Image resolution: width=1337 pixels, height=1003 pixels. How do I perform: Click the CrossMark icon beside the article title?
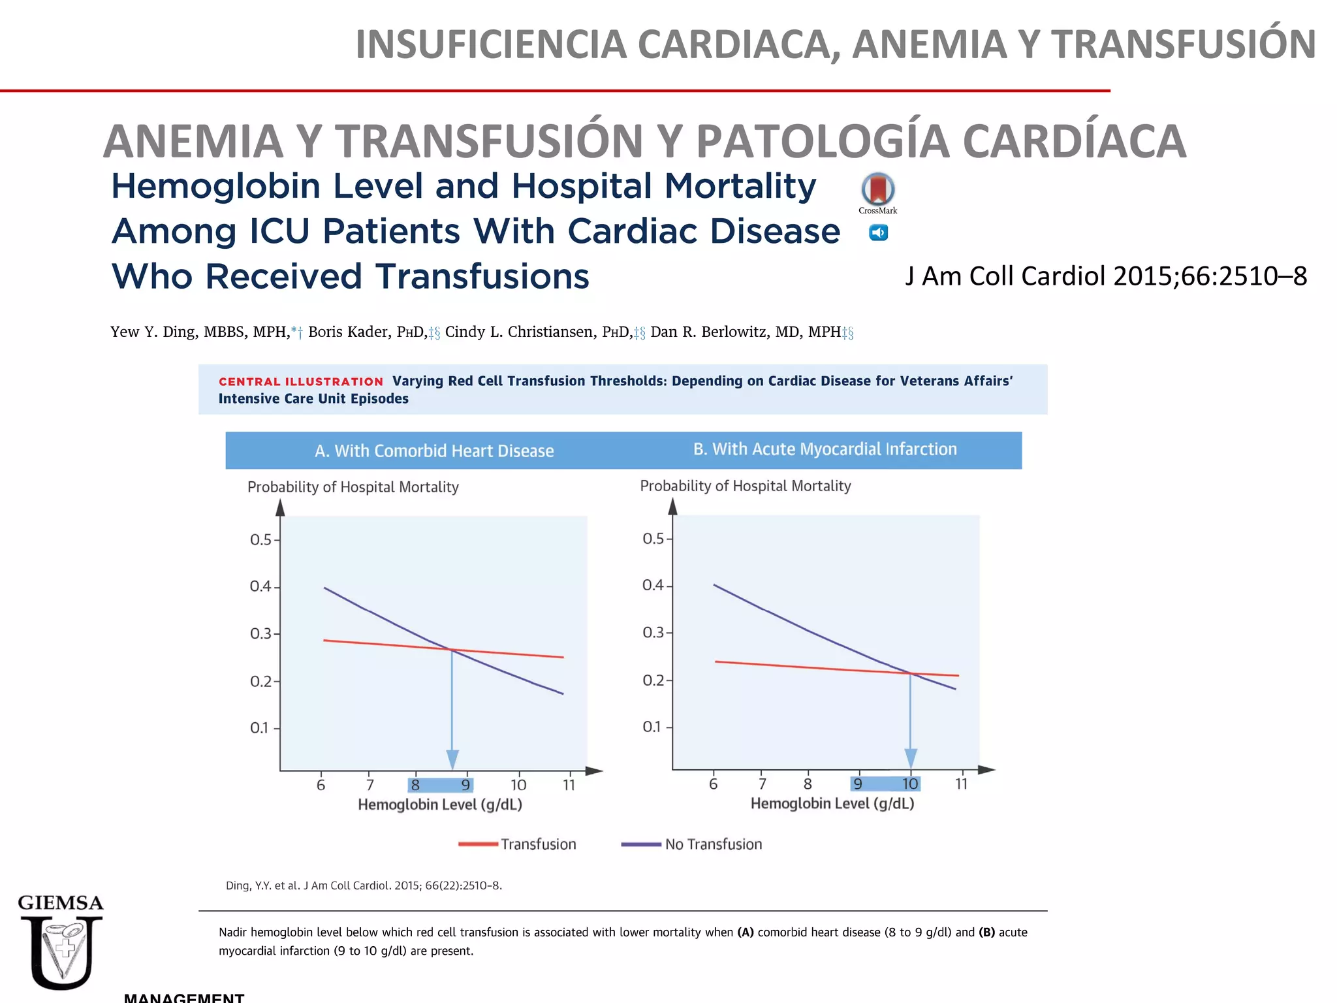877,189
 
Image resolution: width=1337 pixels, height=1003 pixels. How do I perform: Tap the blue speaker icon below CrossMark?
878,232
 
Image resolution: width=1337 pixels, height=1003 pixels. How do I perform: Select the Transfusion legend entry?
518,844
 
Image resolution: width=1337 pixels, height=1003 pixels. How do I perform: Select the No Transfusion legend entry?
692,844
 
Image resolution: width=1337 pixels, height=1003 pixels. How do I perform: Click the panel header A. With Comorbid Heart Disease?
434,451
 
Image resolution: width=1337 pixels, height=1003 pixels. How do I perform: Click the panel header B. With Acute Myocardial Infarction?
825,449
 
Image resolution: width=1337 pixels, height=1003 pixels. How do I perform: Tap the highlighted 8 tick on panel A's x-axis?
415,785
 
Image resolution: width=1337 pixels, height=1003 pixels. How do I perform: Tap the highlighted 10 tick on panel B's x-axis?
910,784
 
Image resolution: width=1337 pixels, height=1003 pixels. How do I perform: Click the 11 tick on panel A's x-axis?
569,785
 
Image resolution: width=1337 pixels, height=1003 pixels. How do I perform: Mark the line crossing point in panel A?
451,649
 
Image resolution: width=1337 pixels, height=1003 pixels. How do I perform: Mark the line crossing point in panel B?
910,673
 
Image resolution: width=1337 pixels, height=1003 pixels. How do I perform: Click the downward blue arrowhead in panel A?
452,759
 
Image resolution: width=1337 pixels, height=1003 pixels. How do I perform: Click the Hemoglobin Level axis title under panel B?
832,804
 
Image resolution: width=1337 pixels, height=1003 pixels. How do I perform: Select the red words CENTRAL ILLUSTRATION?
301,382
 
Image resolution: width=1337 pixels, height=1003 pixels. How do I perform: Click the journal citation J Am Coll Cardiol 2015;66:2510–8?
1106,276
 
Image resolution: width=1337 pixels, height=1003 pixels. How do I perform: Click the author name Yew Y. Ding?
153,332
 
